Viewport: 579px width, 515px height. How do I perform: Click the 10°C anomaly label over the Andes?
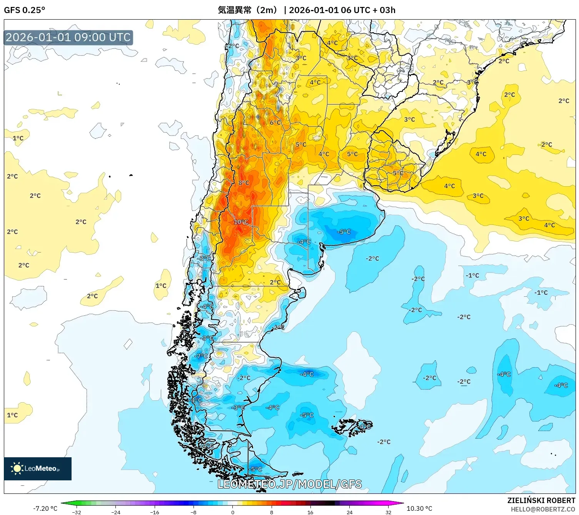[x=241, y=222]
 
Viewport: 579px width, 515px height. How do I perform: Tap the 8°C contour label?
[x=244, y=183]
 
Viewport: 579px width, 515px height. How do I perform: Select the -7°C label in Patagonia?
[x=201, y=356]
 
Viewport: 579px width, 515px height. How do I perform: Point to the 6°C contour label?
[x=275, y=122]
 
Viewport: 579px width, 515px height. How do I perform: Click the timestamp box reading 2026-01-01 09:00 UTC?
[x=68, y=38]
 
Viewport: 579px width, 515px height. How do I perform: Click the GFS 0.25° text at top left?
[x=24, y=10]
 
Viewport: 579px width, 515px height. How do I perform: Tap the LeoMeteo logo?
[x=38, y=468]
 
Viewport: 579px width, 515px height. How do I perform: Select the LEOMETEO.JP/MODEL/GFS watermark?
[x=289, y=484]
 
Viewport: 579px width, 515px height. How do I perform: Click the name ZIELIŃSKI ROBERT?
[x=541, y=500]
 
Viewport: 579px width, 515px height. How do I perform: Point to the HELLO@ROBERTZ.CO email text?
[x=542, y=509]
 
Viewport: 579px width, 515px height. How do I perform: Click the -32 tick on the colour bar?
[x=77, y=512]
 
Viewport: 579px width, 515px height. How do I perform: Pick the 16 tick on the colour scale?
[x=310, y=512]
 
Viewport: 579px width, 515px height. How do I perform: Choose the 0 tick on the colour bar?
[x=232, y=512]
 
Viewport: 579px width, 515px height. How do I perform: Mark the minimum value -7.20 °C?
[x=45, y=508]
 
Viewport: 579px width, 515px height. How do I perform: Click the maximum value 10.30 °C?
[x=419, y=508]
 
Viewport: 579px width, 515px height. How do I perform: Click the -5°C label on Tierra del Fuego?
[x=256, y=469]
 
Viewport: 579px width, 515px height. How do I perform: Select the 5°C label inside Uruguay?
[x=398, y=173]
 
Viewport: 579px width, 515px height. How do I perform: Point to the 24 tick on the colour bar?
[x=349, y=512]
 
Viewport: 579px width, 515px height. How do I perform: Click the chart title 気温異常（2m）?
[x=247, y=10]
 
